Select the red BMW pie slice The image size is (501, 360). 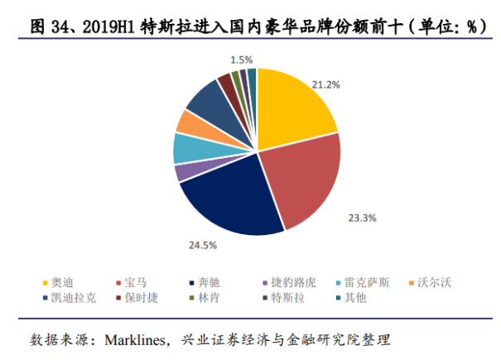302,182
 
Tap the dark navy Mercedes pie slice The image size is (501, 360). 228,203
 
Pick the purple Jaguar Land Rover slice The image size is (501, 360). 181,172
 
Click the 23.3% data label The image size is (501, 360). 362,218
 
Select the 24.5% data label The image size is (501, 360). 204,246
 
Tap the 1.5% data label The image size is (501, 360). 242,60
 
